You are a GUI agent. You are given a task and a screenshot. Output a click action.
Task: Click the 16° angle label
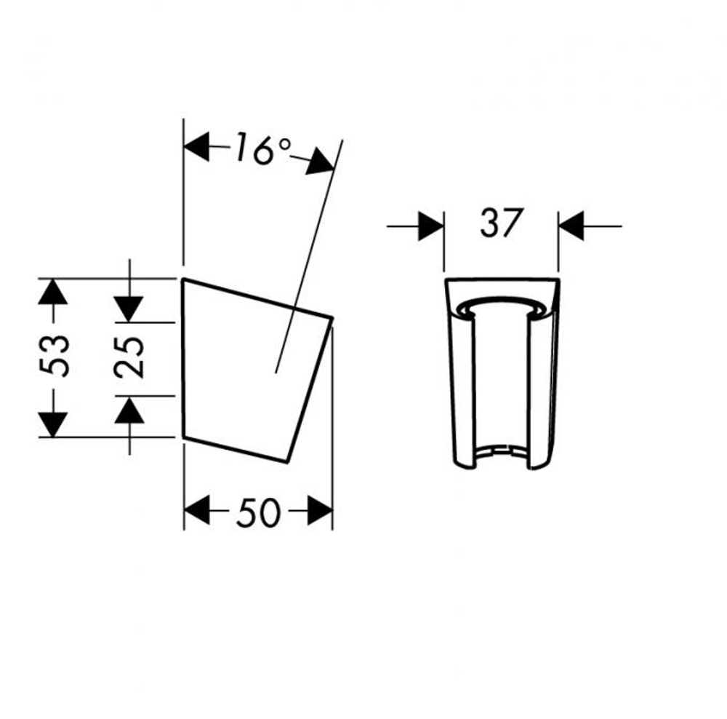263,148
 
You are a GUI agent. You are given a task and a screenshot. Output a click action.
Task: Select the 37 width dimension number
502,223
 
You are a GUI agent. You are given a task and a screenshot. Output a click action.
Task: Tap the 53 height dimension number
55,355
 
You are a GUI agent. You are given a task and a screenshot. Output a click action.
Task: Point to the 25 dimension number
129,357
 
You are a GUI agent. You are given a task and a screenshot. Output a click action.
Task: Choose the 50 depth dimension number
258,512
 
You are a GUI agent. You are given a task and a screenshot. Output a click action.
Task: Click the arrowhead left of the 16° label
196,147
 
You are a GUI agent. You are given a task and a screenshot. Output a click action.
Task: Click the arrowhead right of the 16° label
321,162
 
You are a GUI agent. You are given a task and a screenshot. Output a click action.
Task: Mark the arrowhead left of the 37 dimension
430,226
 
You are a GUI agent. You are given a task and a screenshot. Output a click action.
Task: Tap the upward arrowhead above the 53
53,292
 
